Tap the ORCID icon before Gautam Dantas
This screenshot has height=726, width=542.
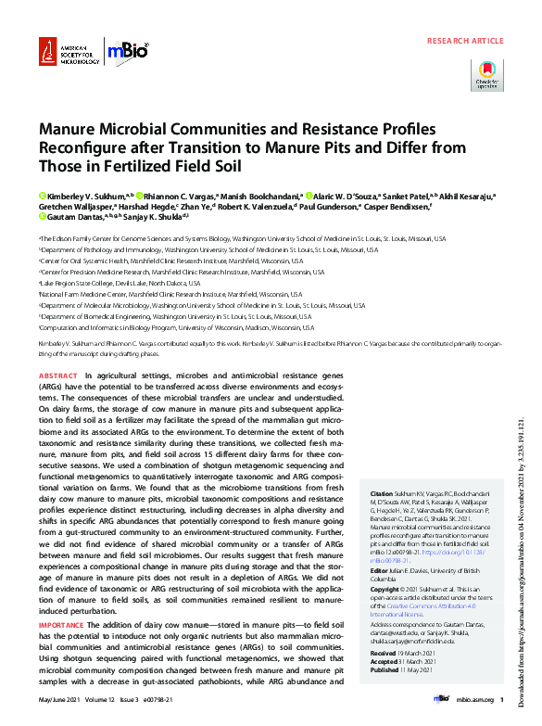[42, 216]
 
